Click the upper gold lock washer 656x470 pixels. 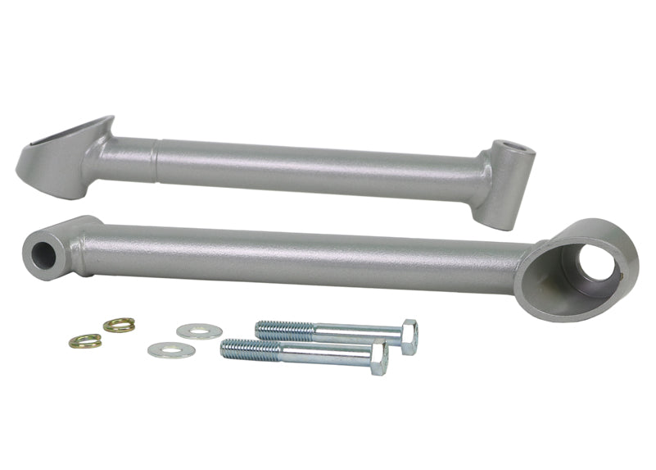tap(120, 325)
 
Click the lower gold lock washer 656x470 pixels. tap(85, 341)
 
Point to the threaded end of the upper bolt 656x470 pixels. tap(283, 330)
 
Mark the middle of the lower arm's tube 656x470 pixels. tap(311, 256)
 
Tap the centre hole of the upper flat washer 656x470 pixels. tap(199, 331)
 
